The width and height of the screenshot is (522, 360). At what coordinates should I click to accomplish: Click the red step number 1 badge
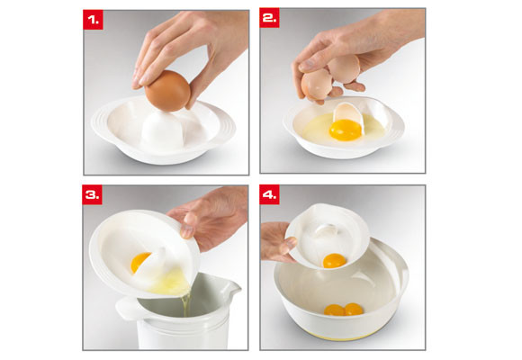pyautogui.click(x=94, y=20)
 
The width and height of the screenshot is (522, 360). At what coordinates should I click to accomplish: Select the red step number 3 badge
pyautogui.click(x=94, y=195)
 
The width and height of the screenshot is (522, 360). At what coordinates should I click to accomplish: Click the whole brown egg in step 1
pyautogui.click(x=166, y=91)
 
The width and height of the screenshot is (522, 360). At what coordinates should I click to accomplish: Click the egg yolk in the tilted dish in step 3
pyautogui.click(x=140, y=263)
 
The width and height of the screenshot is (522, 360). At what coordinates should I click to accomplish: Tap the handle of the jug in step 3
pyautogui.click(x=127, y=310)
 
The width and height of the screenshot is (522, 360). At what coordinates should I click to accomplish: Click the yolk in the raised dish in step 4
pyautogui.click(x=335, y=261)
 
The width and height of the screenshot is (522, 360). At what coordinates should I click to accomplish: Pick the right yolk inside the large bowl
pyautogui.click(x=353, y=310)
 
